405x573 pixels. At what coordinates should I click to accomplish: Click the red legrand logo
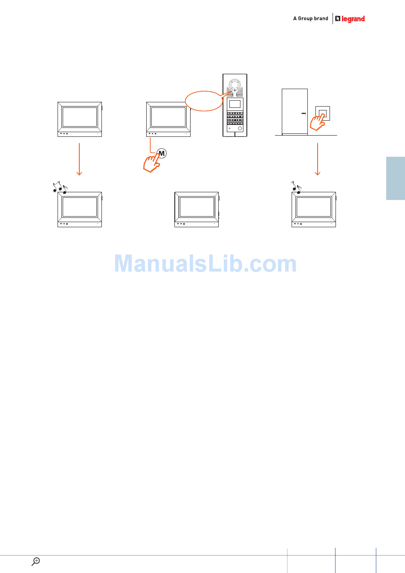coord(350,19)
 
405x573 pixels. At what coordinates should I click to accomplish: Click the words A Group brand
coord(311,18)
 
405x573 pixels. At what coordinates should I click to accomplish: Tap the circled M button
coord(162,153)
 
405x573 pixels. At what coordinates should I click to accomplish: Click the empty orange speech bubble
coord(204,101)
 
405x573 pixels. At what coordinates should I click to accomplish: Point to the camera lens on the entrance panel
coord(234,84)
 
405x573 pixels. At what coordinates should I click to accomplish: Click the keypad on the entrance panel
coord(235,118)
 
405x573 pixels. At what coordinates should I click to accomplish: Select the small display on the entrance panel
coord(234,104)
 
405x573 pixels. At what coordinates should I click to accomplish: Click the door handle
coord(304,113)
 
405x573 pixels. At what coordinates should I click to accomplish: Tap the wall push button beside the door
coord(323,113)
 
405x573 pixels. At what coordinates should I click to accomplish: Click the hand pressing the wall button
coord(317,122)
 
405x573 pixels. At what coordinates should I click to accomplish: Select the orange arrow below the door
coord(318,159)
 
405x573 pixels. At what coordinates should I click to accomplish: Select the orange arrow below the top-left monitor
coord(79,159)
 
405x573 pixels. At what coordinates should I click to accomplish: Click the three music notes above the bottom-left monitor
coord(60,187)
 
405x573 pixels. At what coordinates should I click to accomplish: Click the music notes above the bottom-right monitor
coord(296,187)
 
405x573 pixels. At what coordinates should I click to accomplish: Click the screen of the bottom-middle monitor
coord(197,207)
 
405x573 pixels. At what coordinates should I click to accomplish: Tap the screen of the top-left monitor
coord(80,117)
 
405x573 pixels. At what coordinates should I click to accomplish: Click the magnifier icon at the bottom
coord(36,561)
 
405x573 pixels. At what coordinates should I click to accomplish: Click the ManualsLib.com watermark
coord(205,263)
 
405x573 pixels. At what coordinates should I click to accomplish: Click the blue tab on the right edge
coord(396,178)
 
